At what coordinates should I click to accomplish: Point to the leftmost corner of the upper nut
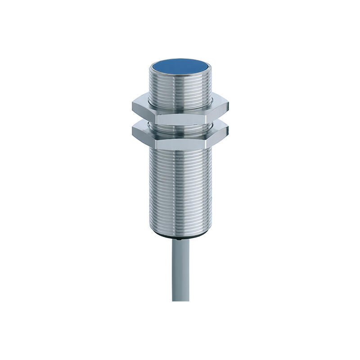[132, 107]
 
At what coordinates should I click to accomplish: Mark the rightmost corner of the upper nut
[229, 107]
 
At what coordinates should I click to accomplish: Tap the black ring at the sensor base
[180, 237]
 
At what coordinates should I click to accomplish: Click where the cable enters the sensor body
[180, 240]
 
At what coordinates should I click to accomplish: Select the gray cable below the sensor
[180, 270]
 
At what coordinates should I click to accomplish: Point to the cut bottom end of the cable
[180, 300]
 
